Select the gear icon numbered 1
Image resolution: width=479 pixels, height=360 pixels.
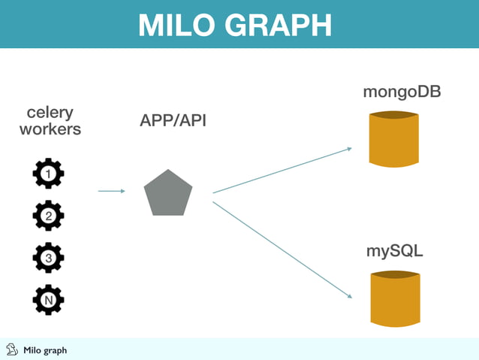pos(48,174)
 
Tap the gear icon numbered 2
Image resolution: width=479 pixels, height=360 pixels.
pos(48,216)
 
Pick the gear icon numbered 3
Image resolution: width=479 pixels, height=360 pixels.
pos(48,258)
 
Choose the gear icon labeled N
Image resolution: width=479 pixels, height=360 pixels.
pos(48,299)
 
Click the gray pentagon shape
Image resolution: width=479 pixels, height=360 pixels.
pos(168,193)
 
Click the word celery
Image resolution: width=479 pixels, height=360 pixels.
pos(50,113)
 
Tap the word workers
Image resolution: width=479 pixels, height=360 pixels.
pos(50,129)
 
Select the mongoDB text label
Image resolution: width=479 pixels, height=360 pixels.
pos(402,92)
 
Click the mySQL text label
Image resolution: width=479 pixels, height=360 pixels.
pos(394,250)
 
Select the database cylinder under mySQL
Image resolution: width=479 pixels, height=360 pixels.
pos(394,298)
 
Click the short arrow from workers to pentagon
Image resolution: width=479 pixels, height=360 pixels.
pos(111,191)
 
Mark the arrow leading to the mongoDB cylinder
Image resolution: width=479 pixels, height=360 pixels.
pos(282,171)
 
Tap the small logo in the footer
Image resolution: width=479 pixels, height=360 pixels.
pos(11,349)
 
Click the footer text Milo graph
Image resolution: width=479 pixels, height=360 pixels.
pos(45,350)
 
